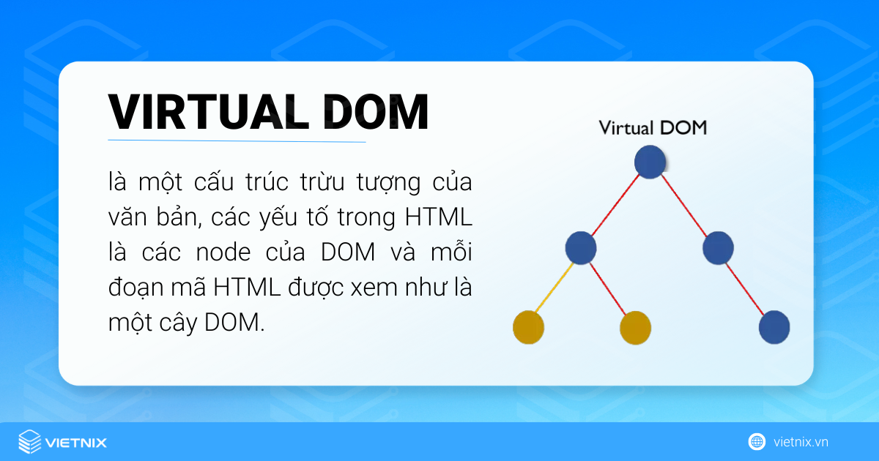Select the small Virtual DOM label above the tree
tap(653, 128)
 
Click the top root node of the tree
tap(650, 162)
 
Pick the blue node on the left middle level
tap(581, 247)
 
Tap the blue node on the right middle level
tap(718, 247)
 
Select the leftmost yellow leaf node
tap(528, 326)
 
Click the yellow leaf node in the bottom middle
tap(635, 327)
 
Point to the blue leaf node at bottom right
tap(774, 326)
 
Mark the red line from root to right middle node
tap(684, 205)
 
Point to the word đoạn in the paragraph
tap(133, 288)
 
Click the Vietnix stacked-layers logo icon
tap(29, 442)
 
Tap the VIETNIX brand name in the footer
tap(75, 443)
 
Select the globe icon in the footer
tap(757, 442)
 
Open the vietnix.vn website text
tap(801, 442)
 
